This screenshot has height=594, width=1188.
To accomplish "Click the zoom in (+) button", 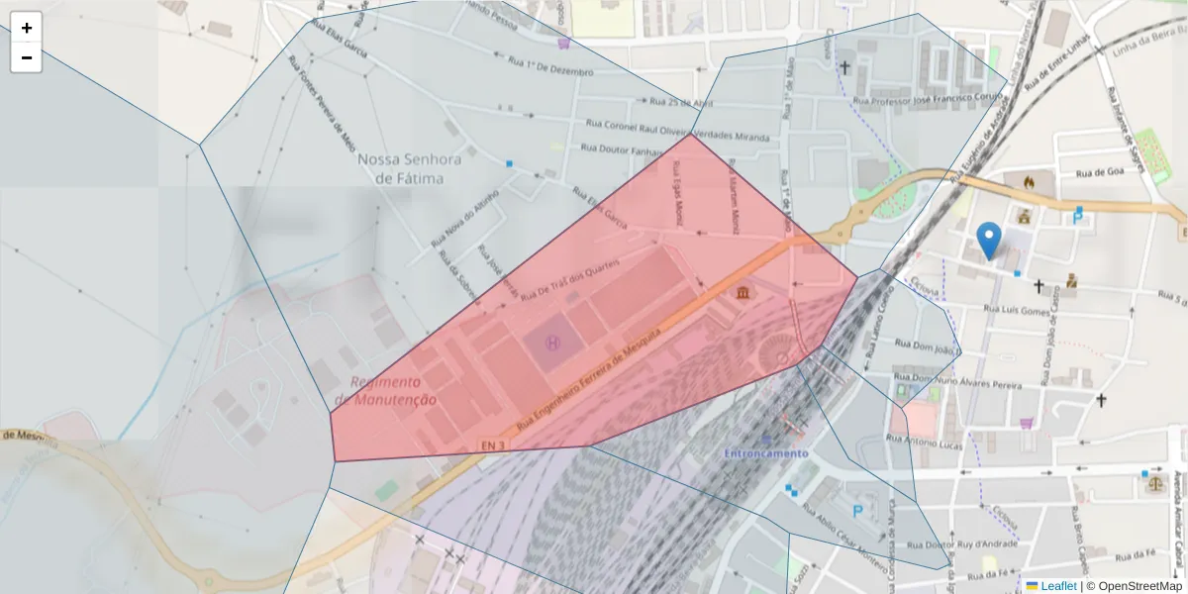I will coord(27,28).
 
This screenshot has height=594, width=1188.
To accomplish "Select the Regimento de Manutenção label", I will coord(385,391).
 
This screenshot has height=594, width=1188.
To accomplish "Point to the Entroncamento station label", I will coord(765,453).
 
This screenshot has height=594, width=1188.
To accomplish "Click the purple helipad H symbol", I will coord(552,343).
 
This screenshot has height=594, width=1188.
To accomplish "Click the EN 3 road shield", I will coord(494,445).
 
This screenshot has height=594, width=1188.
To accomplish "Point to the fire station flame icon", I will coord(1029,181).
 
